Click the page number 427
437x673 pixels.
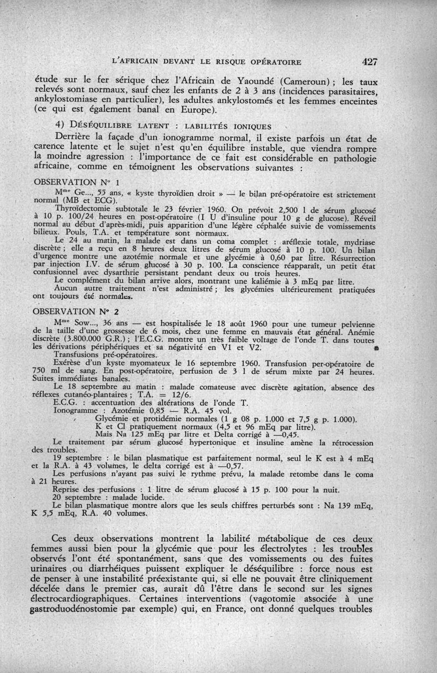click(x=369, y=61)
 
